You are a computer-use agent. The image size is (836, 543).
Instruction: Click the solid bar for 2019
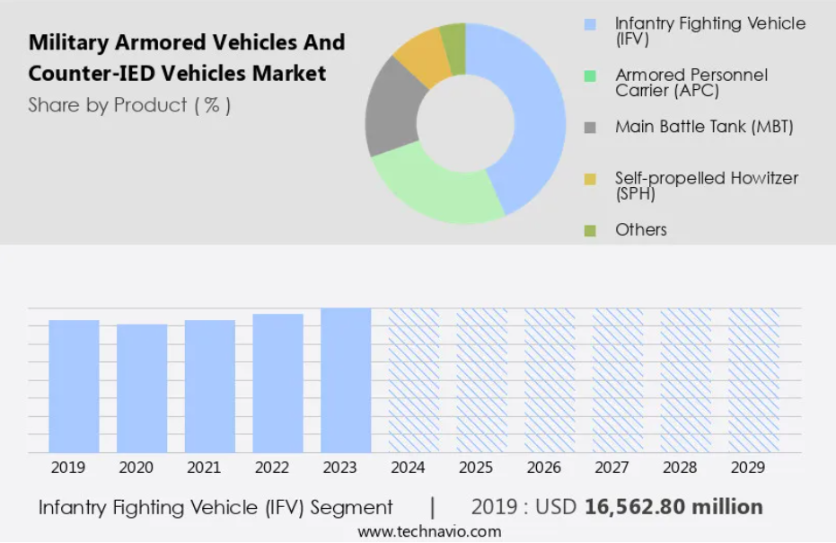74,386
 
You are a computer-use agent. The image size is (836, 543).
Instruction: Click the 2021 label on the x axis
203,468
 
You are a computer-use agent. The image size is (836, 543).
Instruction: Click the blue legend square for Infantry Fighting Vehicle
590,24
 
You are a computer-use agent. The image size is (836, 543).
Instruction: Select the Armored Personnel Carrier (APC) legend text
691,83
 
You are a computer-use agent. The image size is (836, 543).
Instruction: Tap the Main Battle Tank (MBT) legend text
704,127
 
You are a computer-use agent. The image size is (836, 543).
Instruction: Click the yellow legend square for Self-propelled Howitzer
590,179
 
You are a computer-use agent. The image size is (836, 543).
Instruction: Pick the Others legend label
641,230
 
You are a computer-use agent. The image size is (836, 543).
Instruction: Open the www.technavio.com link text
429,532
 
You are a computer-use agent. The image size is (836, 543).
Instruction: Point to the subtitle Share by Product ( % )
130,105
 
